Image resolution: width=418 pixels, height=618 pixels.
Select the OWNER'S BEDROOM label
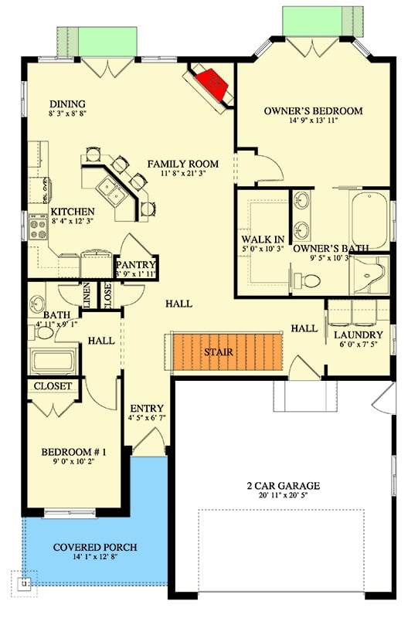[x=313, y=111]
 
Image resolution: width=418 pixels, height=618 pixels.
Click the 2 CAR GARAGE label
[x=283, y=486]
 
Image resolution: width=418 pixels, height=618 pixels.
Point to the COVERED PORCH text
[x=95, y=548]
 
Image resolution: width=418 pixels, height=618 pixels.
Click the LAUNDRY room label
[x=358, y=334]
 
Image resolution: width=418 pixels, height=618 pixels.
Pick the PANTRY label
[x=137, y=263]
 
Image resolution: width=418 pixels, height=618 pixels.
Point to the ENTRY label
[x=145, y=409]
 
